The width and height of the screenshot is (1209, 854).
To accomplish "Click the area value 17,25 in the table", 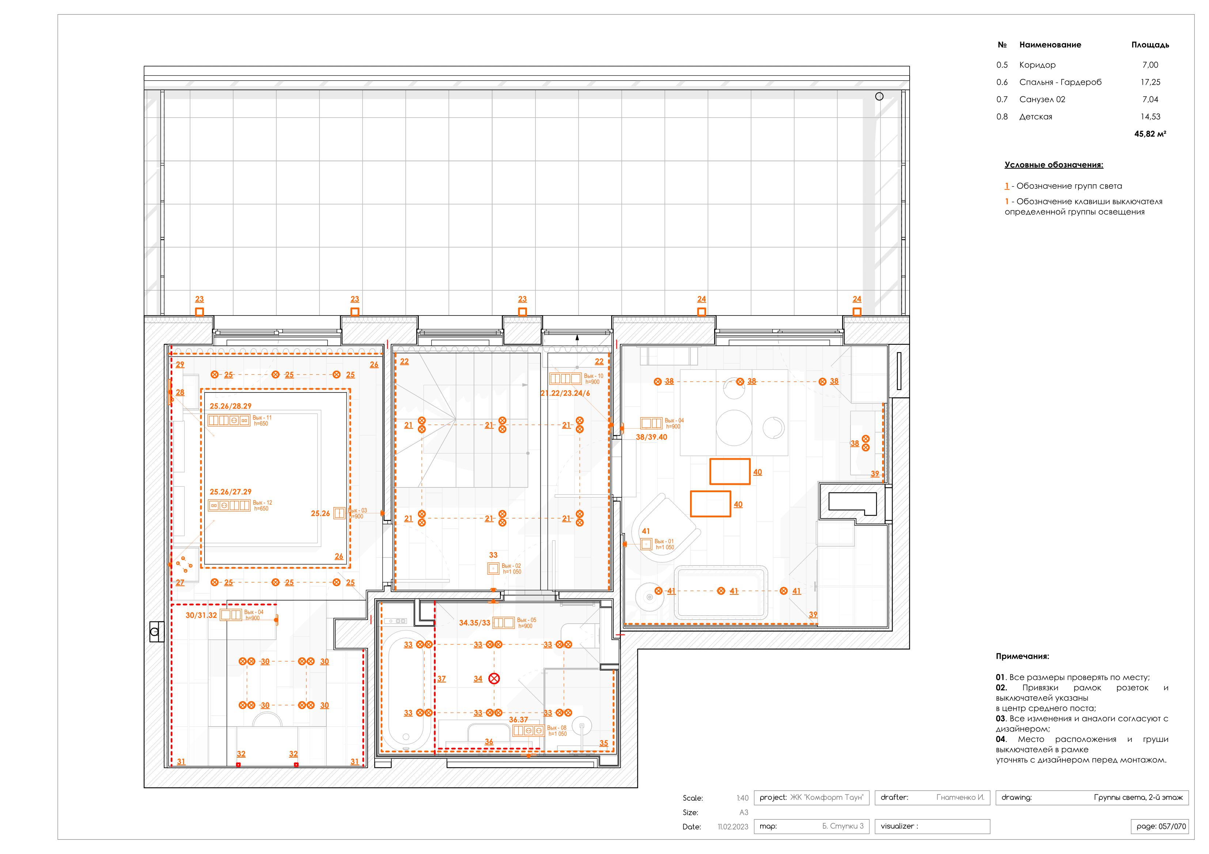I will (1150, 82).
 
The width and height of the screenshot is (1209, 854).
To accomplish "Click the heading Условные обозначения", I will (1053, 165).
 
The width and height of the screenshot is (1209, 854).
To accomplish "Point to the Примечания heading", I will (1022, 656).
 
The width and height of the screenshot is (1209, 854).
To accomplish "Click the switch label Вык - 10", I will (594, 376).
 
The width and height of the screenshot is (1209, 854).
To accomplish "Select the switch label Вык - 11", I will (262, 418).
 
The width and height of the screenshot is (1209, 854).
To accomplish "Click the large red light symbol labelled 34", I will (494, 679).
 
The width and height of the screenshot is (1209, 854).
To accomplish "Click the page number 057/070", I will (1160, 826).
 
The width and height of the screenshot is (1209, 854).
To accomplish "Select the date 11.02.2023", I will (732, 827).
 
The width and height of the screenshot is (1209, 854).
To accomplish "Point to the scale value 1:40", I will (742, 798).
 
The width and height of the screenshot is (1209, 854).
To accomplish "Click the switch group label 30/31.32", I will (201, 616).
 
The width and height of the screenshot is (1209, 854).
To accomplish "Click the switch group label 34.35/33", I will (474, 623).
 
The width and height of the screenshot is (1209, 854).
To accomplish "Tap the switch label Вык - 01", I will (663, 541).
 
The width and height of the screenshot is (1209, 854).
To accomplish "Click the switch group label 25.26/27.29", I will (231, 492).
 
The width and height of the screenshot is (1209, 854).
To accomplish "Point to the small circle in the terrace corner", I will (879, 96).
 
